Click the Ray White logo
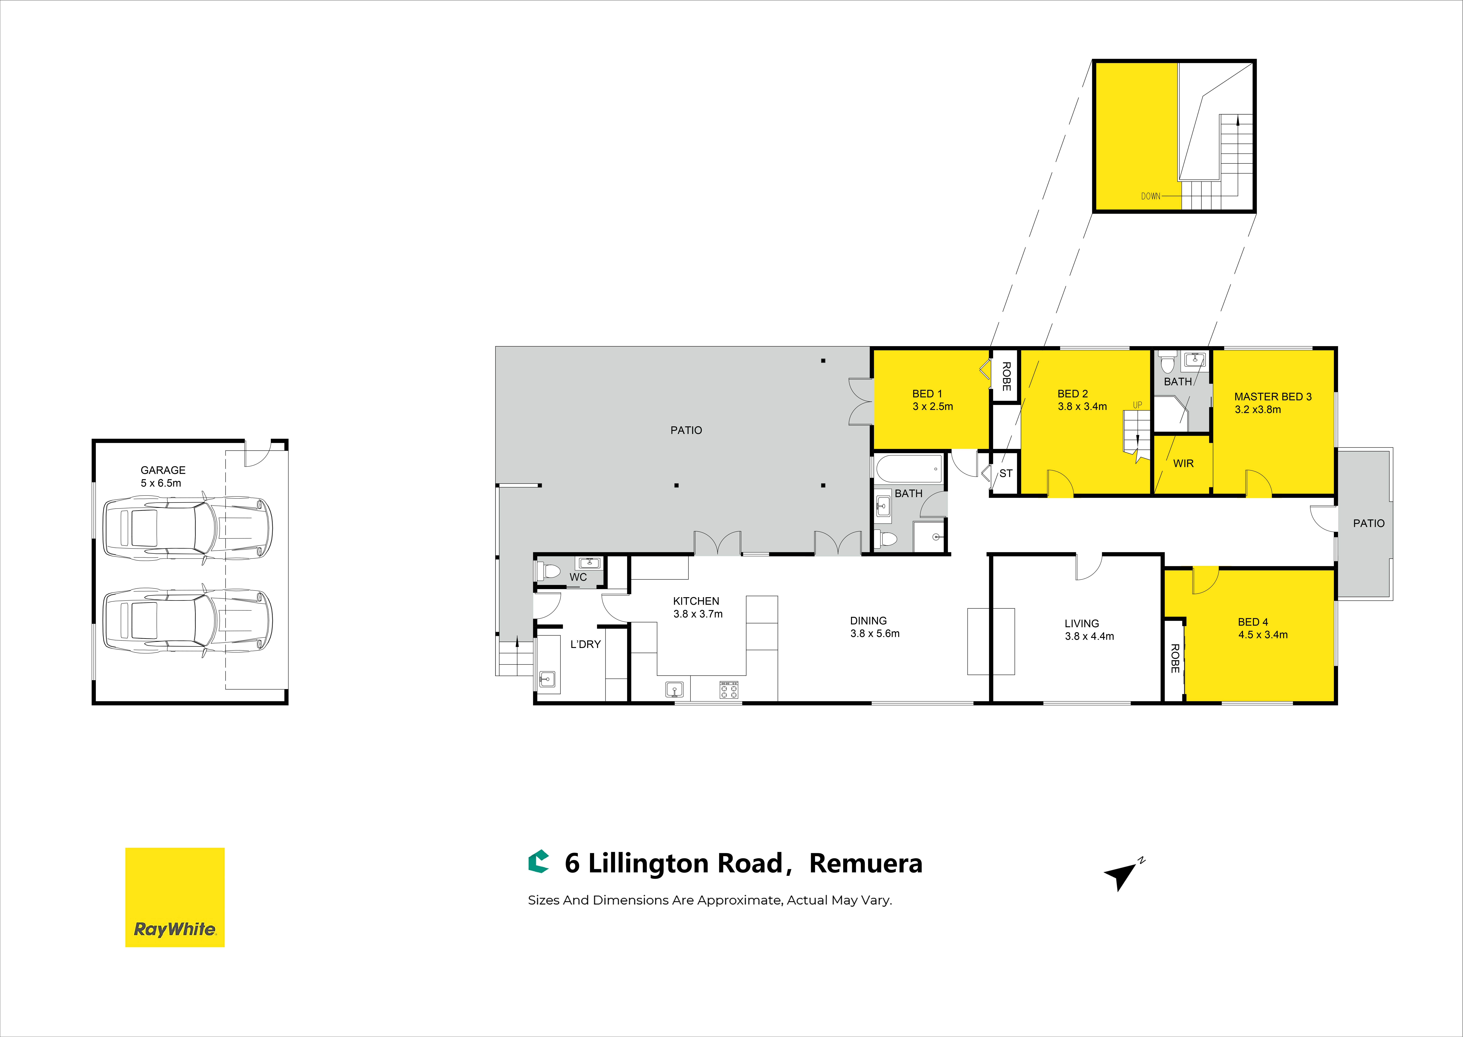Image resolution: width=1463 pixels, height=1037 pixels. (x=175, y=897)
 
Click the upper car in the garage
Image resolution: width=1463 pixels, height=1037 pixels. (x=188, y=528)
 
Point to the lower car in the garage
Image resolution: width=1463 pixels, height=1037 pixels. (x=188, y=621)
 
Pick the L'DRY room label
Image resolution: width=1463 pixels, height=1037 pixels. (x=585, y=644)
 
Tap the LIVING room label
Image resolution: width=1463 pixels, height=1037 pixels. (x=1082, y=623)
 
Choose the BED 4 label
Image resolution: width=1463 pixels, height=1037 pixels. (x=1253, y=622)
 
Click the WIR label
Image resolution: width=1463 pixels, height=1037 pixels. (x=1183, y=464)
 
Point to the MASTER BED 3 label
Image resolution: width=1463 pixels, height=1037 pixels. (x=1273, y=396)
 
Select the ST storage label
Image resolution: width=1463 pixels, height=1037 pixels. (x=1006, y=473)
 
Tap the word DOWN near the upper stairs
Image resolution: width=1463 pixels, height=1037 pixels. (x=1151, y=196)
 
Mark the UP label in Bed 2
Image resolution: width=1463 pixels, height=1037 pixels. (x=1137, y=405)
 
